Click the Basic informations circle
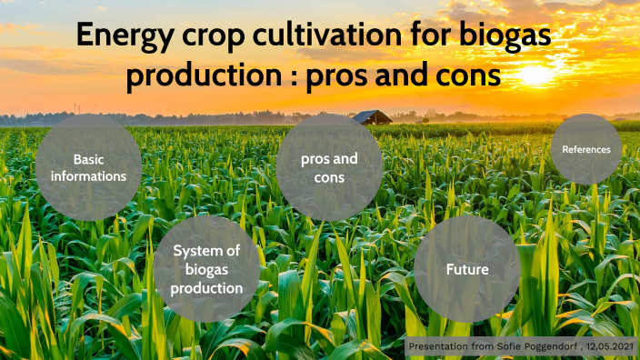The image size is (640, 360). tap(88, 168)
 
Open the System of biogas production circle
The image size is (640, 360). tap(206, 269)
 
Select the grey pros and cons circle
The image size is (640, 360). tap(329, 168)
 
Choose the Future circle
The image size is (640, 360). tap(467, 269)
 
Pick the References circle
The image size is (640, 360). tap(586, 149)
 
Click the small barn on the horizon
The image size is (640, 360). tap(372, 117)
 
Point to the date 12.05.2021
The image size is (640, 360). tap(609, 347)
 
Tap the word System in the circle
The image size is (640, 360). tap(195, 251)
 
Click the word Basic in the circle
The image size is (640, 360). tap(88, 159)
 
